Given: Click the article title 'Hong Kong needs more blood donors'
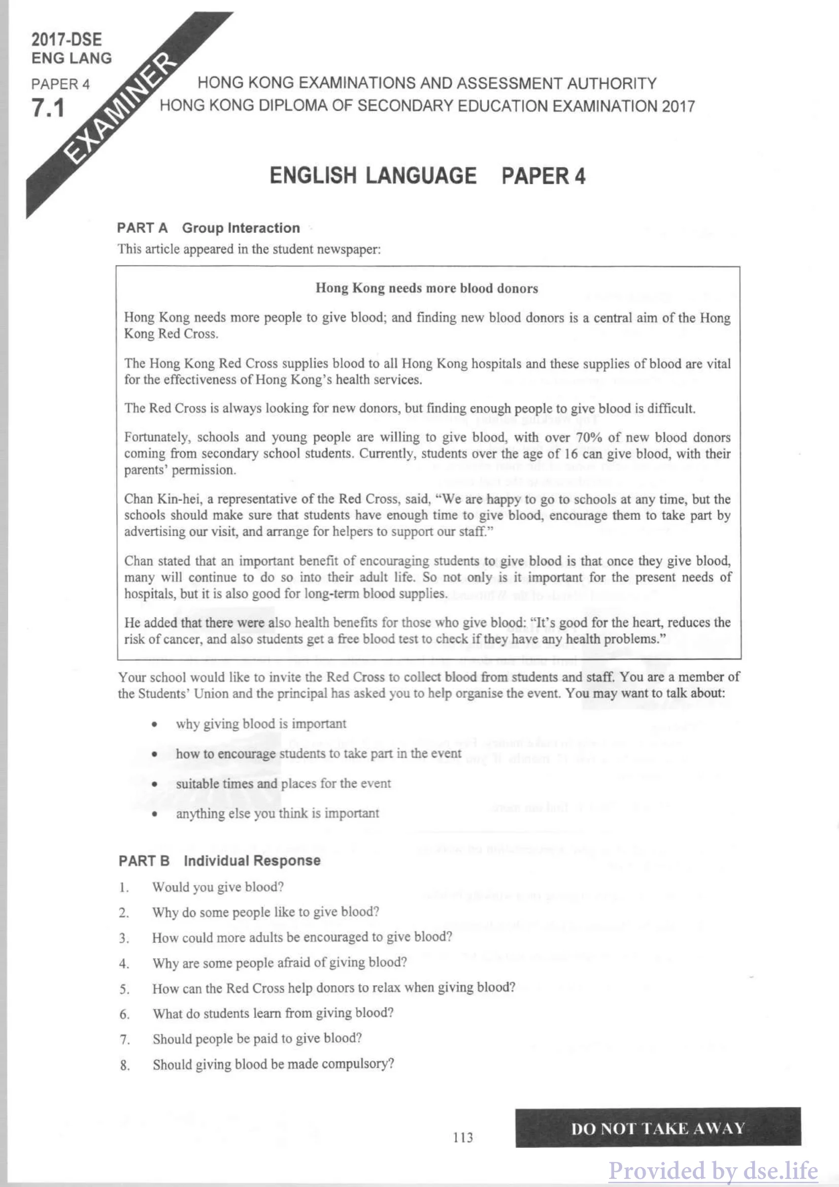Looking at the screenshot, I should (426, 288).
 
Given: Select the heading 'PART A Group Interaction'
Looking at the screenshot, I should (208, 228).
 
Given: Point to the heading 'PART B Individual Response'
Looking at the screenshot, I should (219, 861).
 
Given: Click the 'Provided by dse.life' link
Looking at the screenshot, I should (713, 1170).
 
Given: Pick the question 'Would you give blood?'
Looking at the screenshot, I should (218, 887).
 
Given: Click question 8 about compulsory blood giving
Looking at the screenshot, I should (273, 1064).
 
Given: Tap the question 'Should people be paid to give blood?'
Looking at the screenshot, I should (257, 1038).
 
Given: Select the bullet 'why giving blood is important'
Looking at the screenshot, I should (261, 724).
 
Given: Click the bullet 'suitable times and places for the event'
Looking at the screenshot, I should (283, 784).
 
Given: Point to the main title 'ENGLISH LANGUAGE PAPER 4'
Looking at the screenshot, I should (427, 176).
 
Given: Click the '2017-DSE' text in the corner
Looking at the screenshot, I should (66, 40).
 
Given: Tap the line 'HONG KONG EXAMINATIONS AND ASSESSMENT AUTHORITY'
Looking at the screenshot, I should (427, 83).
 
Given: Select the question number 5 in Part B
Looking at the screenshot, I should (124, 990).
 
